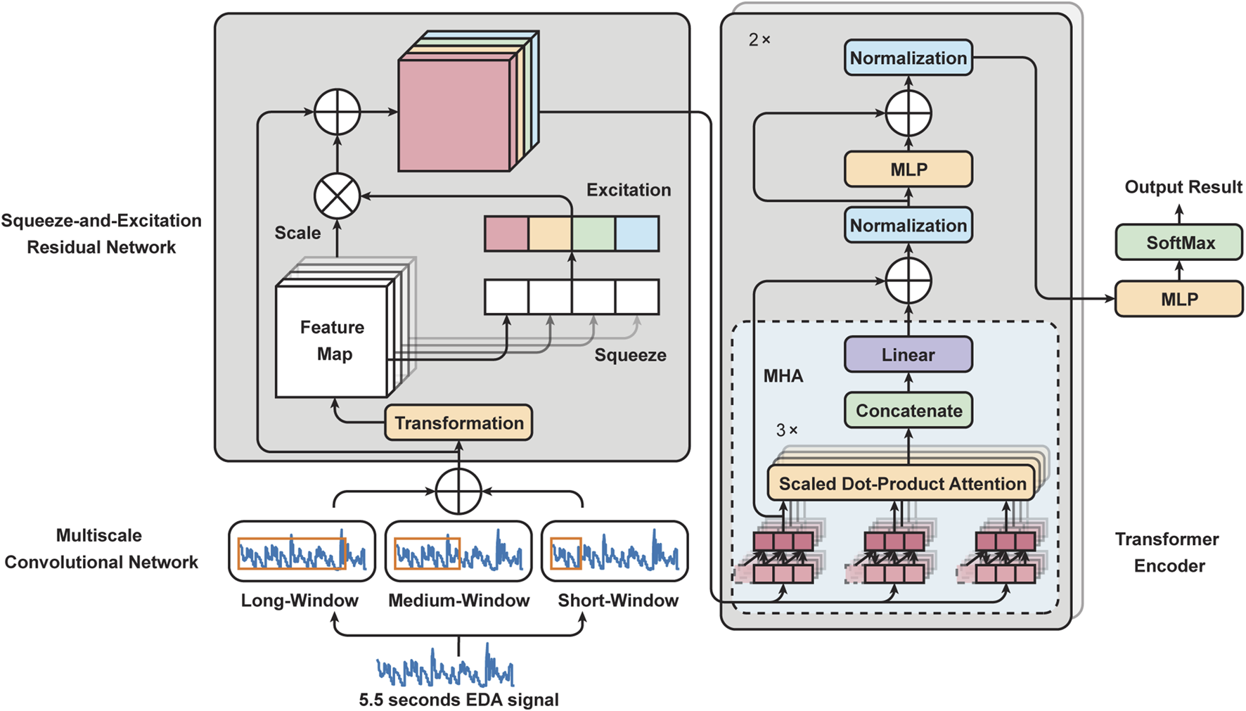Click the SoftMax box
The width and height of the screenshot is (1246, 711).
click(1178, 243)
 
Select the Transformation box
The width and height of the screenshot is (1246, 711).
click(458, 423)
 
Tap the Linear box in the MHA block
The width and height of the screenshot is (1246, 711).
click(908, 354)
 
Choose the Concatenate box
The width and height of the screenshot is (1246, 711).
click(908, 411)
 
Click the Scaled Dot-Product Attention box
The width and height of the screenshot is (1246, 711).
click(901, 484)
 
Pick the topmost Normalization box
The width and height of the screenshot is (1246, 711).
click(908, 58)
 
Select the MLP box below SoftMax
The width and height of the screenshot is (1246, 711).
click(1178, 300)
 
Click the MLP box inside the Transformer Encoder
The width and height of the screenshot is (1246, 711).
click(908, 169)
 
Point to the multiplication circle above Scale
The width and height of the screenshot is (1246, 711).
click(337, 196)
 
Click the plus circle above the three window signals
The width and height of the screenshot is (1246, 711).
click(458, 491)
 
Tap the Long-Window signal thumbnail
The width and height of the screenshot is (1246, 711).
click(302, 551)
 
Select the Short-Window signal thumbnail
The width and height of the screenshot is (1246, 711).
click(615, 551)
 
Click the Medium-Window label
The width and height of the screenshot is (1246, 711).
click(458, 601)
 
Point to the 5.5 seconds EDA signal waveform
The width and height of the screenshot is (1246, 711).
click(446, 670)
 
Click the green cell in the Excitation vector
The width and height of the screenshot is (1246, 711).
click(593, 234)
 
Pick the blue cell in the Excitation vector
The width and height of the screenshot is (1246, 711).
click(637, 234)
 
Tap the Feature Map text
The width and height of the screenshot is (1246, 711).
click(332, 340)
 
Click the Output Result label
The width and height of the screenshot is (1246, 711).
click(1183, 187)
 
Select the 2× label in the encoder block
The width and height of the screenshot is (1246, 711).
click(759, 40)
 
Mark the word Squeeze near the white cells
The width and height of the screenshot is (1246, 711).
click(630, 355)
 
